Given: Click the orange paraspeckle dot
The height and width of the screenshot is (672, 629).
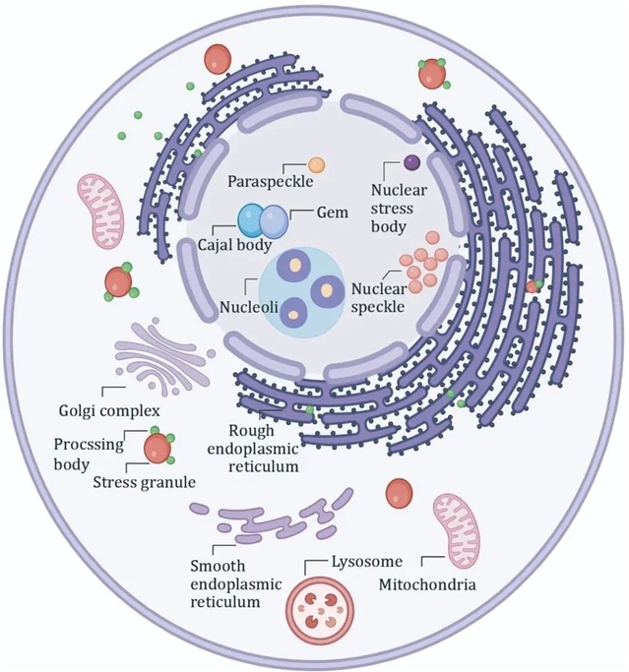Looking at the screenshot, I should click(316, 164).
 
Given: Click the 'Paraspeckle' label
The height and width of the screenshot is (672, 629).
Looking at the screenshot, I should click(270, 181).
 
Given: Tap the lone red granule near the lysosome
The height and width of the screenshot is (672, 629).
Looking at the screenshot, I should click(400, 493).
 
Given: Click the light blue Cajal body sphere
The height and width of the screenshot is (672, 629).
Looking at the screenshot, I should click(253, 219).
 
